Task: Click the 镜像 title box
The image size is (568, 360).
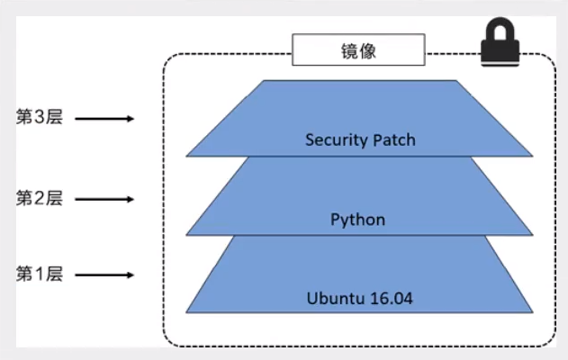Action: (x=357, y=51)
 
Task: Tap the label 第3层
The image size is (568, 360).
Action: (x=40, y=118)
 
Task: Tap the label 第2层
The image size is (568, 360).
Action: (x=40, y=197)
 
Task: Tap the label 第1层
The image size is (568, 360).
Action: (x=40, y=274)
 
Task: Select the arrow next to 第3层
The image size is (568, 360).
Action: (x=104, y=118)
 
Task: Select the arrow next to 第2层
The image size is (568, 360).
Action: (x=104, y=197)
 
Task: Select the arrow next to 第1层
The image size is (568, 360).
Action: (x=104, y=274)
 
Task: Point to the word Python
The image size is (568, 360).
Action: (x=357, y=220)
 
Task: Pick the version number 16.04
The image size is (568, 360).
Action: (x=390, y=298)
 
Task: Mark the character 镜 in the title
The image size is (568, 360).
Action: (x=347, y=51)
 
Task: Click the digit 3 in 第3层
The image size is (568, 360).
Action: (x=40, y=118)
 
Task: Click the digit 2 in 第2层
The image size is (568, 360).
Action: (x=40, y=197)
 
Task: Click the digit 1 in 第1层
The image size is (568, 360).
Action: (x=40, y=274)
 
